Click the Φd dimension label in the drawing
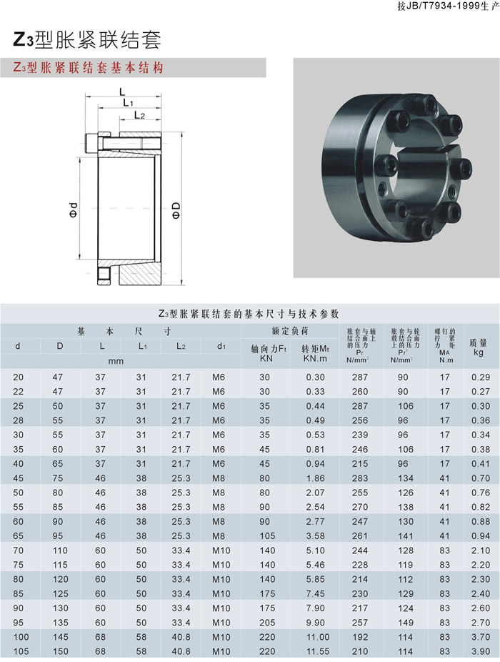pyautogui.click(x=74, y=210)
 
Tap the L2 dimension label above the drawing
pyautogui.click(x=139, y=115)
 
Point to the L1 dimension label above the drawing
pyautogui.click(x=129, y=103)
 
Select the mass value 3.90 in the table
pyautogui.click(x=481, y=651)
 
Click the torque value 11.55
pyautogui.click(x=315, y=651)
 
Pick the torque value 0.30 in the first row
pyautogui.click(x=315, y=377)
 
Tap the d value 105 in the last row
pyautogui.click(x=21, y=651)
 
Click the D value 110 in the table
pyautogui.click(x=60, y=550)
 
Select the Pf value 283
pyautogui.click(x=360, y=478)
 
